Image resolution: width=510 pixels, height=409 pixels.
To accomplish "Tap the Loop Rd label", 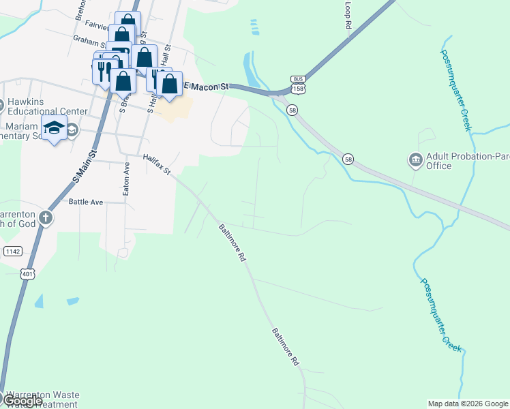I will click(x=348, y=14).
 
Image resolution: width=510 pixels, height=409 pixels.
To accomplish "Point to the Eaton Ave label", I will click(x=126, y=179).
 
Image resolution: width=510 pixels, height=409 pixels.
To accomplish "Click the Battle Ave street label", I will click(x=86, y=202).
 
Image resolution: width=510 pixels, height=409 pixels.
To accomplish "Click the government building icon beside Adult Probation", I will click(x=415, y=161).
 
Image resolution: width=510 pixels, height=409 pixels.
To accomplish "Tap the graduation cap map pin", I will click(x=54, y=127).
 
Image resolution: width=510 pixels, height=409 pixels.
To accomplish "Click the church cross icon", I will click(x=45, y=218).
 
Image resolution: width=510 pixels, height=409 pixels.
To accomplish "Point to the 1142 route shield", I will click(x=12, y=252).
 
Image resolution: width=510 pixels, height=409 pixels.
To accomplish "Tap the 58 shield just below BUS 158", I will click(x=292, y=110).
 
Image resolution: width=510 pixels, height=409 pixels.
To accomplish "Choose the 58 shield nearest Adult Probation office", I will click(x=348, y=160).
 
